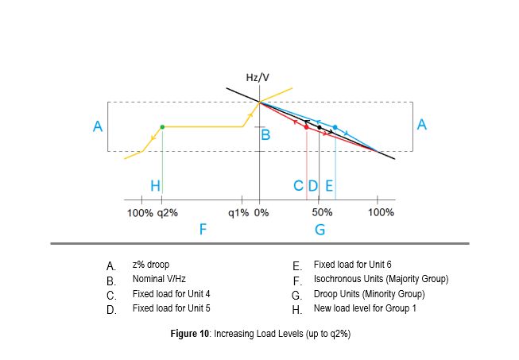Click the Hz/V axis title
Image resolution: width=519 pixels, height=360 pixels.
(259, 77)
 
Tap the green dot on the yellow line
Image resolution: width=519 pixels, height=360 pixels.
(162, 126)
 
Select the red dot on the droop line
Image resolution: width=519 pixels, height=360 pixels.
(306, 127)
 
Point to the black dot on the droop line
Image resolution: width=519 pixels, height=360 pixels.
(319, 127)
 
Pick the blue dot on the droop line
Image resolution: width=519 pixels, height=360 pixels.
(335, 127)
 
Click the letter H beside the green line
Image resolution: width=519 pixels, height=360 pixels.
(155, 185)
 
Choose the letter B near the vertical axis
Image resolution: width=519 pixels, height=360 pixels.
(266, 136)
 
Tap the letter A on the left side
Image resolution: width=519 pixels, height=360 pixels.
(98, 126)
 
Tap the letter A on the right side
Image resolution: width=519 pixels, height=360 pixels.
(423, 124)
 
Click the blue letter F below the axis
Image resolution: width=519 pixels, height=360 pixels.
(203, 230)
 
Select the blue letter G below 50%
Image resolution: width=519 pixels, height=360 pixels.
(320, 230)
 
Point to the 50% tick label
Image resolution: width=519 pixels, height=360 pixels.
(321, 213)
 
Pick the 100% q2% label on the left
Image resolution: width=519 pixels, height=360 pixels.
(153, 213)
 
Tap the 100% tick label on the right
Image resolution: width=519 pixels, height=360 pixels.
(382, 213)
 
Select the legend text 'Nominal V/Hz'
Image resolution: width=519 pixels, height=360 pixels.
(159, 279)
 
